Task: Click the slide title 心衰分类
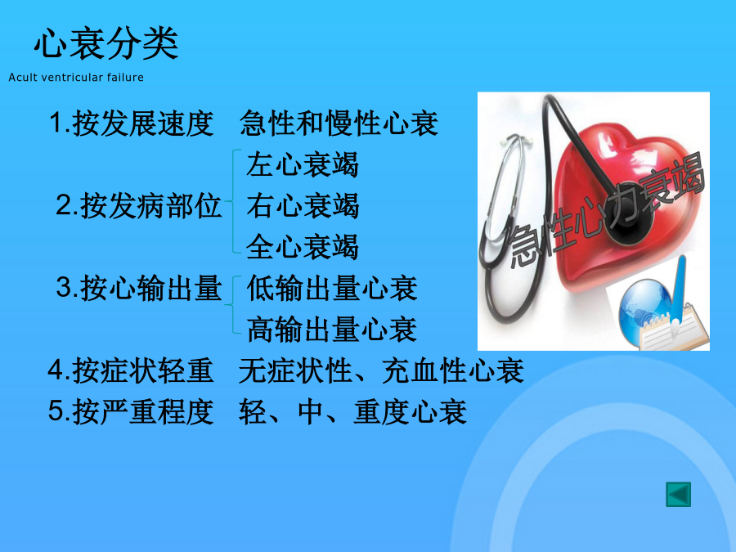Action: point(106,43)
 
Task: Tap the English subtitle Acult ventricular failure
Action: point(76,78)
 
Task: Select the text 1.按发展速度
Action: point(132,123)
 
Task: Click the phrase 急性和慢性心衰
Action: point(339,123)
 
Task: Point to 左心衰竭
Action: point(303,164)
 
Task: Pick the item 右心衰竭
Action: point(303,205)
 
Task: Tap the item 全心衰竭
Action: point(303,247)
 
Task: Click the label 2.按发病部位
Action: point(138,205)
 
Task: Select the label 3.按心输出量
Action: point(138,288)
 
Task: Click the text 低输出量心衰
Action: point(332,288)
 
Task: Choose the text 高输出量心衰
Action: point(332,329)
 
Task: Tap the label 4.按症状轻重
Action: point(131,370)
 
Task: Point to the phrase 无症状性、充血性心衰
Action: point(381,370)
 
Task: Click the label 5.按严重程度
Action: point(131,411)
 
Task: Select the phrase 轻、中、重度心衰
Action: point(352,411)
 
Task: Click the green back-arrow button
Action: point(678,495)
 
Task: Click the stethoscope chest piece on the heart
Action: point(628,221)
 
